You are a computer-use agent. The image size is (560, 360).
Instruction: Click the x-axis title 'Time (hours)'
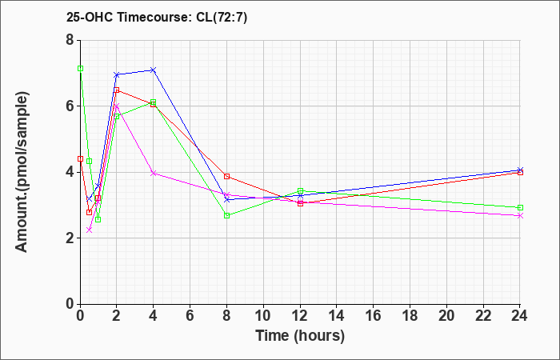pyautogui.click(x=300, y=336)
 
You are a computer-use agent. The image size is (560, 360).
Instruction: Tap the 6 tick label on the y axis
pyautogui.click(x=70, y=106)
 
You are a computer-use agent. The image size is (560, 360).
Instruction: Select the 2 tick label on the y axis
pyautogui.click(x=70, y=238)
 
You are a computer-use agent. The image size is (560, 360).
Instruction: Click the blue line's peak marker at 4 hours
pyautogui.click(x=154, y=70)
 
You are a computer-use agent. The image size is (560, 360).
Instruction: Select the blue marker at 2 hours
pyautogui.click(x=117, y=75)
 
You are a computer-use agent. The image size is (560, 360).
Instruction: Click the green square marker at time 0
pyautogui.click(x=80, y=69)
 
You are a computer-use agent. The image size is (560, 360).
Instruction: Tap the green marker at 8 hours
pyautogui.click(x=226, y=215)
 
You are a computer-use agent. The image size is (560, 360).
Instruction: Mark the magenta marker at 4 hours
pyautogui.click(x=154, y=173)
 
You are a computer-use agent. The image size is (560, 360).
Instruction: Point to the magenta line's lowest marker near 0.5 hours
pyautogui.click(x=90, y=230)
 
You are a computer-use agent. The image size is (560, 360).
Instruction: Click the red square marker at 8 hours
pyautogui.click(x=226, y=176)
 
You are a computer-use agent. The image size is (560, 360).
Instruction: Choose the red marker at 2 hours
pyautogui.click(x=117, y=90)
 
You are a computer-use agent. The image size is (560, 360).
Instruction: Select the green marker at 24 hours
pyautogui.click(x=520, y=207)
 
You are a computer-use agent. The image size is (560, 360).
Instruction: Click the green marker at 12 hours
pyautogui.click(x=300, y=191)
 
